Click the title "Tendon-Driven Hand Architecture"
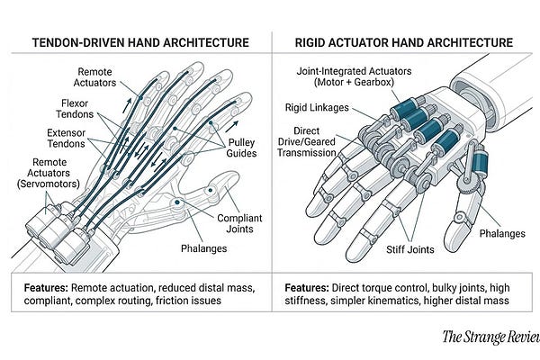pyautogui.click(x=135, y=41)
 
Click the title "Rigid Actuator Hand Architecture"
pyautogui.click(x=404, y=41)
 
